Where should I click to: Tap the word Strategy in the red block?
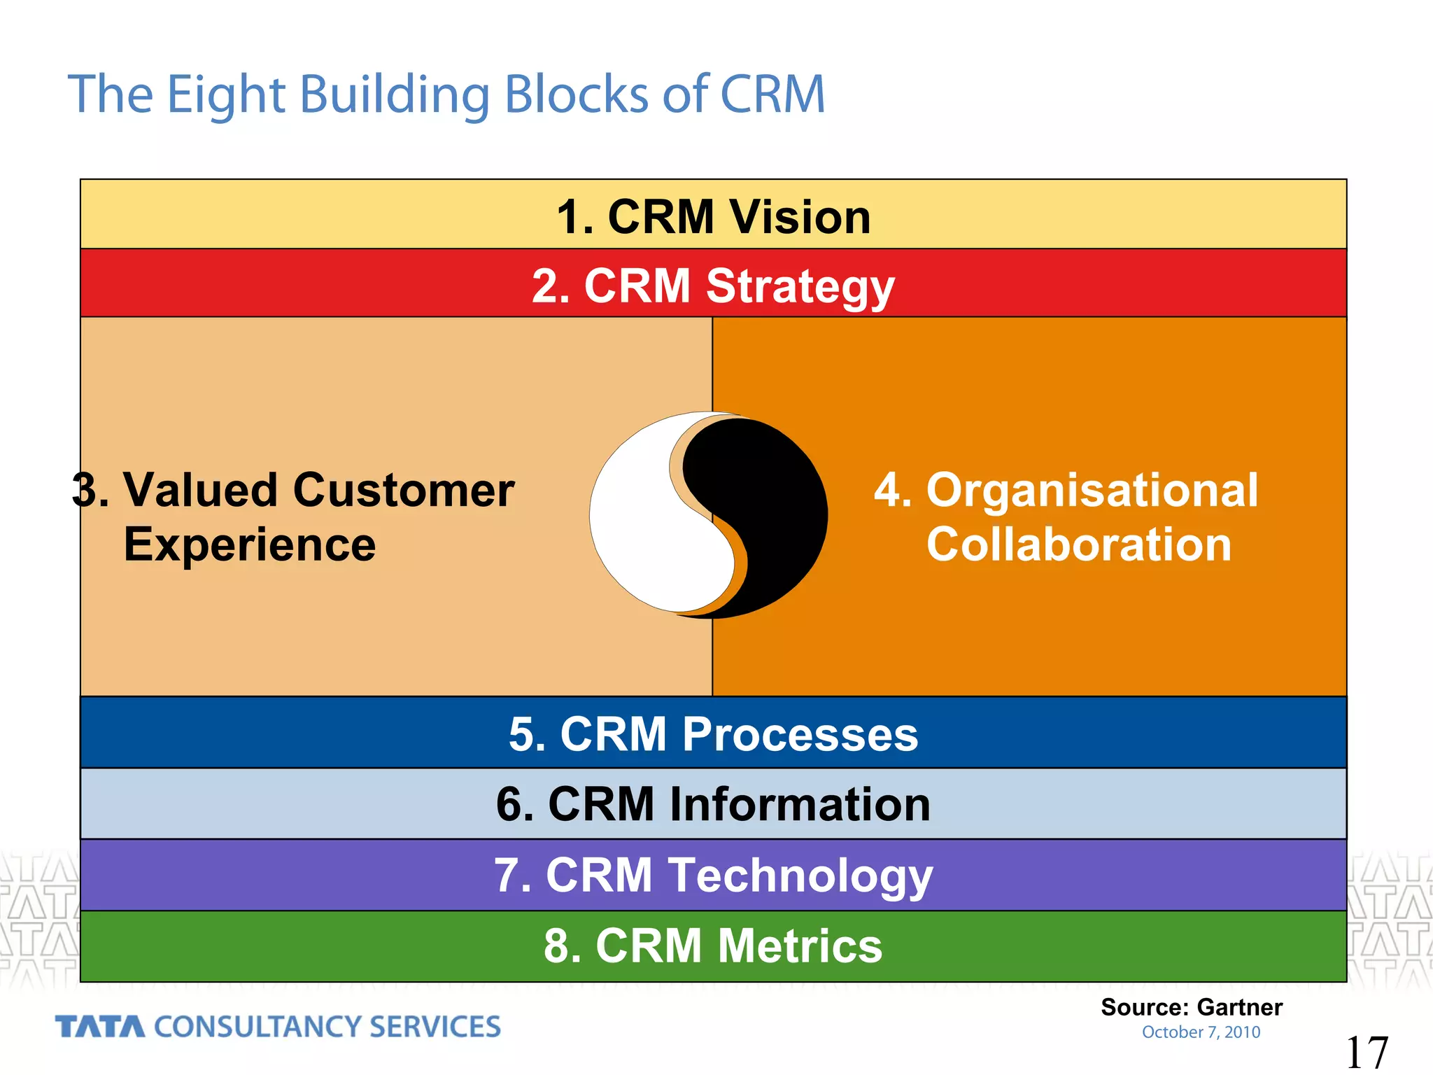800,287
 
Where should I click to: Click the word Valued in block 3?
202,489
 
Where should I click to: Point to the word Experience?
250,544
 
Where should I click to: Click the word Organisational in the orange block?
1092,489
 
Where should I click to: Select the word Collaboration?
1078,544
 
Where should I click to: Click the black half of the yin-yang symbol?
777,504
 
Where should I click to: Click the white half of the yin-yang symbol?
644,532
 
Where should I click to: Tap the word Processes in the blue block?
800,734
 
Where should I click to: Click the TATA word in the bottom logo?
100,1027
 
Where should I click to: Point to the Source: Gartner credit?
1191,1007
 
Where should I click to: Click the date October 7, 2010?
1201,1032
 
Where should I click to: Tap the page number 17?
1366,1053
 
